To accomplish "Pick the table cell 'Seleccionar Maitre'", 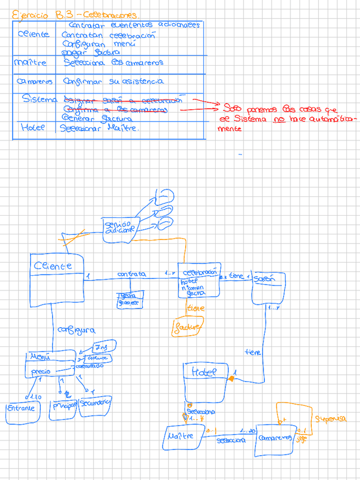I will pyautogui.click(x=100, y=128).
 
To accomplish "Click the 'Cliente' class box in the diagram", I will pyautogui.click(x=57, y=280).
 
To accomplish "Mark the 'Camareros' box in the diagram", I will pyautogui.click(x=276, y=437).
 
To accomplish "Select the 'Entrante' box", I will pyautogui.click(x=21, y=409).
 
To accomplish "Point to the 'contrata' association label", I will pyautogui.click(x=131, y=274).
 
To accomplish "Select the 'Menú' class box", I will pyautogui.click(x=50, y=363).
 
